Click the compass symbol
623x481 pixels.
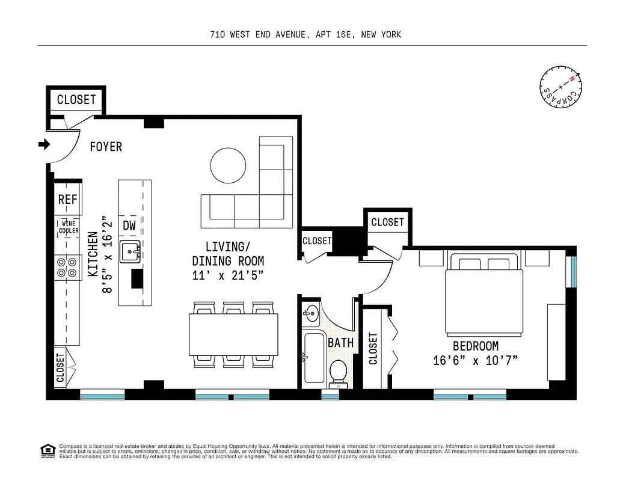tap(560, 88)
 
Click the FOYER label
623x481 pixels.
tap(106, 147)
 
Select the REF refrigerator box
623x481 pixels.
tap(68, 200)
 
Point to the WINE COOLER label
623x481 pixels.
tap(69, 227)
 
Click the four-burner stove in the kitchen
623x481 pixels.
tap(68, 267)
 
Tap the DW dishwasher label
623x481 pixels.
tap(129, 226)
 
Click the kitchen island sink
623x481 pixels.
tap(130, 252)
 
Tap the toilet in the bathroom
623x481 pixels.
tap(339, 372)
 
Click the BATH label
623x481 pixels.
tap(341, 344)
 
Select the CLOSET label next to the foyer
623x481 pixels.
tap(76, 100)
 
